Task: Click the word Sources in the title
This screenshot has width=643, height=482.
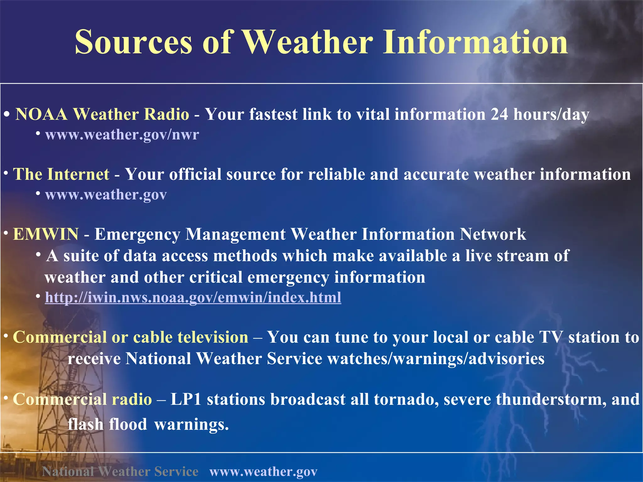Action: [133, 42]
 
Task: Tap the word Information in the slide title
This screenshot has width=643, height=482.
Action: [475, 42]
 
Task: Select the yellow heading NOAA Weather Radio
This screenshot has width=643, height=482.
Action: [102, 114]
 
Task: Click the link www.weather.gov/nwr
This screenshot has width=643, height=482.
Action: [122, 135]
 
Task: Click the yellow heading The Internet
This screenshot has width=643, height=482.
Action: [61, 174]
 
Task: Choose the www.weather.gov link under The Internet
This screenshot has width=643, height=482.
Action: [106, 195]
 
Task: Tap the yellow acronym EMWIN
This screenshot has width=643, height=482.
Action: [46, 234]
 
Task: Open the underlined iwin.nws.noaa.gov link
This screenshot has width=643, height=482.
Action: [193, 297]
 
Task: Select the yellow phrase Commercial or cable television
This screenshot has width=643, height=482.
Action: [131, 337]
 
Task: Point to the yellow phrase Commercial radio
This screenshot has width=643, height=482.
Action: [83, 399]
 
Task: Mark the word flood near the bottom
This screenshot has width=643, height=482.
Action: [128, 424]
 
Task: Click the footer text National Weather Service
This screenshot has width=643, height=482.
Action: [120, 471]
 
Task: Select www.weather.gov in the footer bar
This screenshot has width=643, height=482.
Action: [263, 471]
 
